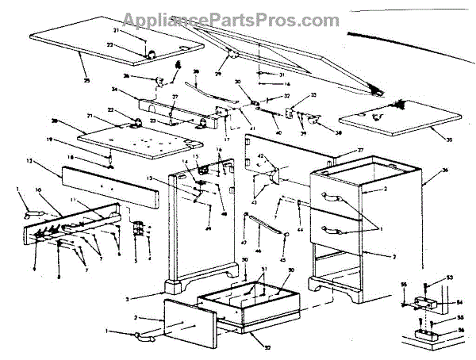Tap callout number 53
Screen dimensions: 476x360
pos(448,277)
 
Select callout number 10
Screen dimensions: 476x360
pos(36,190)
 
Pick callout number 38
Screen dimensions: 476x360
pos(337,134)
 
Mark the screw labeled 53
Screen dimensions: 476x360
pos(428,284)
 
